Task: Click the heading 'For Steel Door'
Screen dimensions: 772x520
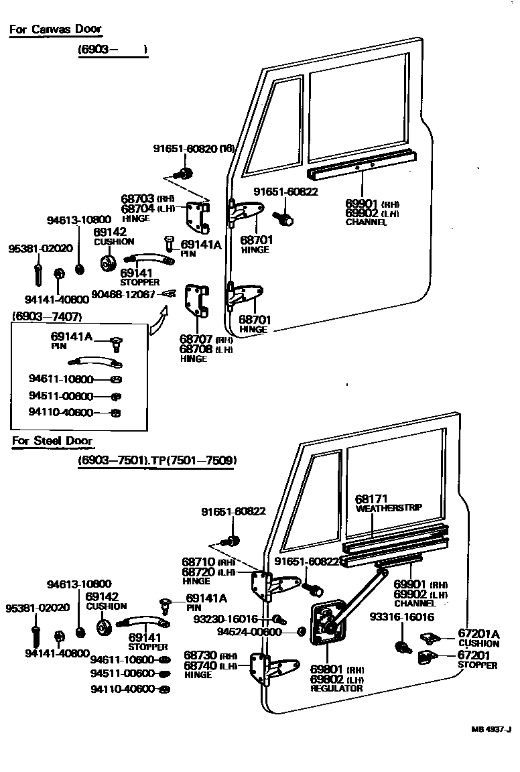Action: (x=52, y=441)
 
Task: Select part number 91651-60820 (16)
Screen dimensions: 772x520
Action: (x=193, y=149)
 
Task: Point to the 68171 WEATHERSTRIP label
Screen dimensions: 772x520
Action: (x=388, y=503)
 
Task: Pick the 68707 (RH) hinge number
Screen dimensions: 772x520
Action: (x=196, y=340)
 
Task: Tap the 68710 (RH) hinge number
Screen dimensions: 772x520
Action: (x=198, y=562)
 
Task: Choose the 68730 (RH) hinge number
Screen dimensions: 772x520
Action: (x=200, y=654)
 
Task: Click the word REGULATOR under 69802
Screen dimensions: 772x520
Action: (x=336, y=688)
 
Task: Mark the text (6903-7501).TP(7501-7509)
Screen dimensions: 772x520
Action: (x=157, y=460)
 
